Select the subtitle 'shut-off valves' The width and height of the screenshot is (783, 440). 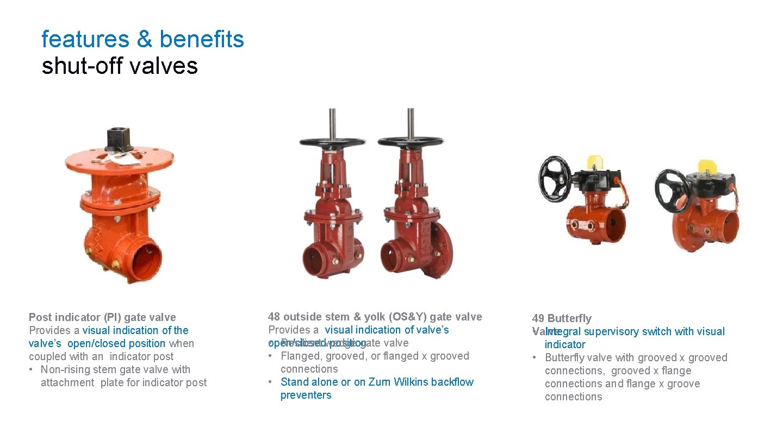click(120, 66)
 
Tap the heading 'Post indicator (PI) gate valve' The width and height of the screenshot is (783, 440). click(102, 317)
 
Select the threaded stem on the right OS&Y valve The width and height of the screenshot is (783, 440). click(411, 122)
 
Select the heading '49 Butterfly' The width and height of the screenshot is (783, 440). click(562, 318)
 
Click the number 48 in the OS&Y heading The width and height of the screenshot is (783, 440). click(274, 317)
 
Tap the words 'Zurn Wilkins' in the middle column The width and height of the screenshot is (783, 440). click(399, 382)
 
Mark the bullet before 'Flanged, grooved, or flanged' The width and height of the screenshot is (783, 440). click(271, 356)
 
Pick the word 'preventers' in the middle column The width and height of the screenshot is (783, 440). click(306, 395)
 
